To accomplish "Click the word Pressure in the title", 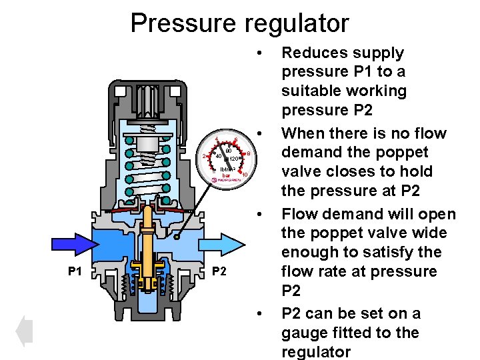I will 180,23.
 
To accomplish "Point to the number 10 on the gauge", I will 245,175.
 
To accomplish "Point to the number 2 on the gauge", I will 204,157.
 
